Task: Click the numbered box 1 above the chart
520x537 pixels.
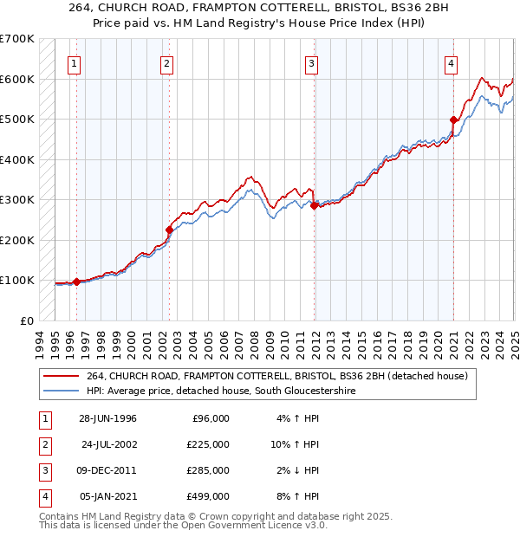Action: pyautogui.click(x=75, y=62)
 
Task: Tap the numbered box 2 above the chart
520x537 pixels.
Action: pyautogui.click(x=166, y=62)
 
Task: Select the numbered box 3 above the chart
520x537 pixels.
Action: pyautogui.click(x=311, y=62)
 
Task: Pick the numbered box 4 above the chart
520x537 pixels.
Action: pyautogui.click(x=452, y=62)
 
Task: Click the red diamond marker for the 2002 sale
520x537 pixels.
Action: pyautogui.click(x=169, y=230)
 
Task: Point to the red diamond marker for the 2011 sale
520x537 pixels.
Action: pyautogui.click(x=314, y=205)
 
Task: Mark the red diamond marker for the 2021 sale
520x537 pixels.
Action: pyautogui.click(x=453, y=120)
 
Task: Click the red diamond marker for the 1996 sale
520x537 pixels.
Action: pyautogui.click(x=76, y=281)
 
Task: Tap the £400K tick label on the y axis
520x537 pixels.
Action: pyautogui.click(x=17, y=159)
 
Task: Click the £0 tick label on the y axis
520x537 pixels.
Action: pyautogui.click(x=26, y=320)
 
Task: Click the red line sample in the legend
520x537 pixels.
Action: pyautogui.click(x=62, y=376)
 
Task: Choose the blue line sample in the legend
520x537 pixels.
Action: pyautogui.click(x=62, y=391)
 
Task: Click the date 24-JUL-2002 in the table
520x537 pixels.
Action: pyautogui.click(x=109, y=443)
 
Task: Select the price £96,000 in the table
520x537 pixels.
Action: pyautogui.click(x=211, y=417)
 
